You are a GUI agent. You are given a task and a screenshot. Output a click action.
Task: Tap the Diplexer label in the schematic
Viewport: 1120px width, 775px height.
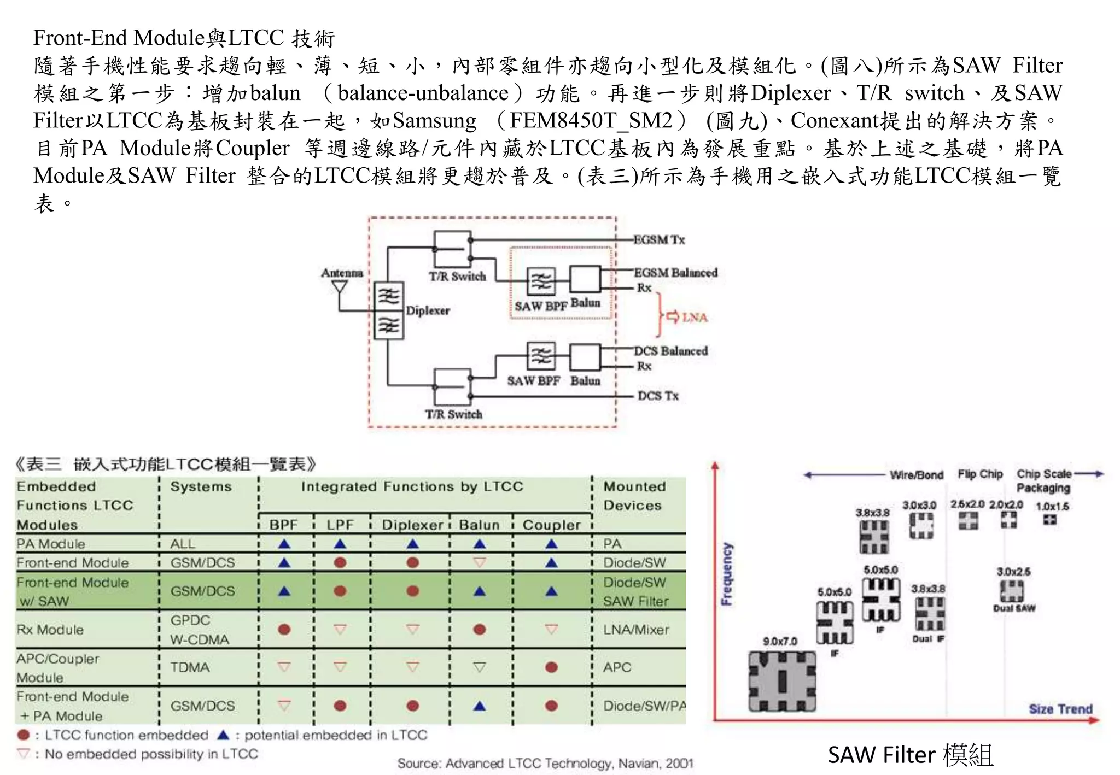click(x=428, y=310)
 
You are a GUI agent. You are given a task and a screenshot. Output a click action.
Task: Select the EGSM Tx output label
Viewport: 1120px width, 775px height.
click(x=658, y=239)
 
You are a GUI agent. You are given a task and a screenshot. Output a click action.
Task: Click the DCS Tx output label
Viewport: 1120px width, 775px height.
click(x=658, y=396)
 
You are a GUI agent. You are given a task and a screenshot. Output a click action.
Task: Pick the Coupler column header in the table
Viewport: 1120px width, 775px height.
click(x=551, y=525)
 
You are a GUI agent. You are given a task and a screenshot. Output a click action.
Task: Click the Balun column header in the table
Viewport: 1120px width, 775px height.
click(x=479, y=525)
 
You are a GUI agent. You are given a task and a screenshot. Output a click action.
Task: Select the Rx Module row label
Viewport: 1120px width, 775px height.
click(x=50, y=630)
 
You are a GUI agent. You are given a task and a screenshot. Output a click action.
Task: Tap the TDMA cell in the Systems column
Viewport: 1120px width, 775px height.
click(x=190, y=667)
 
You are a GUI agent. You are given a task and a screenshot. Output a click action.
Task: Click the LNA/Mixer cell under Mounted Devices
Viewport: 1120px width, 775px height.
click(x=636, y=630)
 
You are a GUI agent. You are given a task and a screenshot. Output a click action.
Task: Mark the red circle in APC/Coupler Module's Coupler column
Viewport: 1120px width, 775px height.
click(x=551, y=667)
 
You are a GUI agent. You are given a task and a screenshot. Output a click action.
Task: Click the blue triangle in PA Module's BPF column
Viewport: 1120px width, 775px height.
click(x=284, y=544)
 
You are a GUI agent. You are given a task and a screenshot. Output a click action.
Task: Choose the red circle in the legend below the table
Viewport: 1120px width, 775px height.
click(x=24, y=735)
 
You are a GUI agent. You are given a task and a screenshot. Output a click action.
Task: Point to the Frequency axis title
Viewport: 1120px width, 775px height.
click(x=726, y=574)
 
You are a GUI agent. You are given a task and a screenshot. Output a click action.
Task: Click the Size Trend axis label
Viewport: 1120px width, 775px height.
click(x=1060, y=709)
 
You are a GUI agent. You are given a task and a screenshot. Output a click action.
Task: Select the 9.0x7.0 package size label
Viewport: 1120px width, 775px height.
click(x=780, y=641)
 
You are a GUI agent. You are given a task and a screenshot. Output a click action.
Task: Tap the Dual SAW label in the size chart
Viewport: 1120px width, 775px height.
click(x=1014, y=608)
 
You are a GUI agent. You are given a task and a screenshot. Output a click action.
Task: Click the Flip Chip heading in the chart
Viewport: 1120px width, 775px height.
click(x=980, y=474)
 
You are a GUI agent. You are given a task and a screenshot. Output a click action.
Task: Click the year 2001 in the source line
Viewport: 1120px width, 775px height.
click(x=679, y=763)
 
